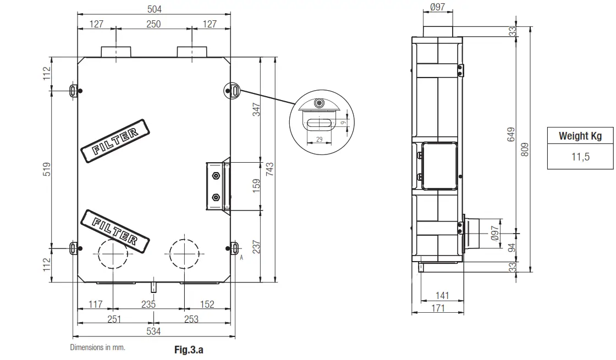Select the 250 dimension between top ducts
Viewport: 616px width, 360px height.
(x=153, y=24)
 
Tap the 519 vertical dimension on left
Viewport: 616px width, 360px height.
(x=47, y=169)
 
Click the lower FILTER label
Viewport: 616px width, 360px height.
(x=115, y=230)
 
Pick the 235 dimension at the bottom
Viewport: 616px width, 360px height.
(x=148, y=304)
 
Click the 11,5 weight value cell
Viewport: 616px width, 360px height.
(x=580, y=157)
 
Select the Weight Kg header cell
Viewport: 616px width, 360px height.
(x=580, y=136)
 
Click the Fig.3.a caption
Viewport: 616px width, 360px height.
(x=189, y=349)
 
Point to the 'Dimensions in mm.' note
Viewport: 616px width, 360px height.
(x=97, y=347)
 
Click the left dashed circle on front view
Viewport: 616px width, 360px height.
(x=112, y=254)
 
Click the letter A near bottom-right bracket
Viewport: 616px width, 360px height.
(x=241, y=256)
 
